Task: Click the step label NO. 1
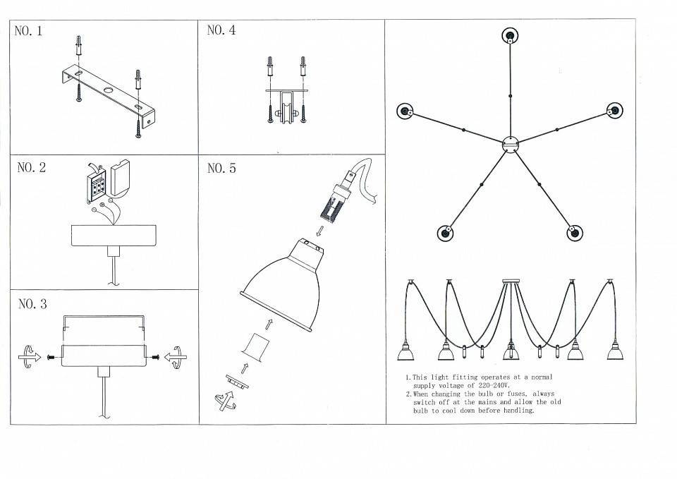tap(28, 31)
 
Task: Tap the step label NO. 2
tap(32, 168)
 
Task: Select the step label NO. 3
tap(32, 304)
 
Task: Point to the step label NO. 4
tap(221, 30)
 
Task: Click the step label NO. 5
tap(221, 168)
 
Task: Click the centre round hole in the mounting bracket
tap(108, 91)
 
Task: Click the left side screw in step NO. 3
tap(52, 357)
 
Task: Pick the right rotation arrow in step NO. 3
tap(176, 357)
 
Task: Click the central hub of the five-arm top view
tap(511, 144)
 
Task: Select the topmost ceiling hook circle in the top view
tap(510, 36)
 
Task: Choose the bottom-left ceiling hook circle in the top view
tap(445, 234)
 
